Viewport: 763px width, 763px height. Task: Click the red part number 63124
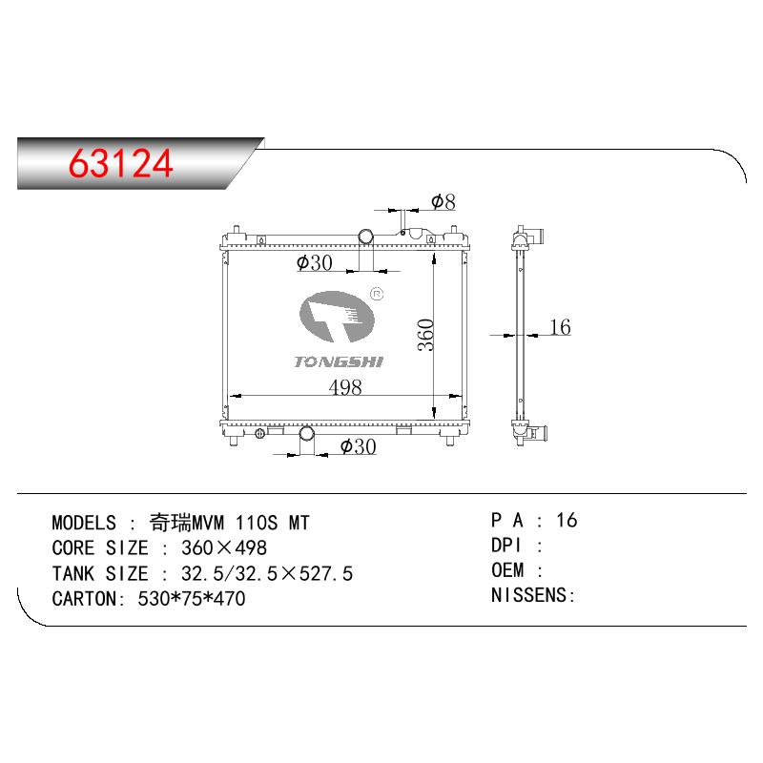pyautogui.click(x=121, y=163)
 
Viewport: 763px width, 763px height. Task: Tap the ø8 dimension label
pyautogui.click(x=443, y=201)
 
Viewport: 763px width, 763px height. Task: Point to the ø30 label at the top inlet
pyautogui.click(x=315, y=263)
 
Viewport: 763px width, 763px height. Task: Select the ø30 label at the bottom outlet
pyautogui.click(x=359, y=446)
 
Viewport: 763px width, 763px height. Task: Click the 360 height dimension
pyautogui.click(x=425, y=335)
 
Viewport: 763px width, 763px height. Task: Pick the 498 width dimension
pyautogui.click(x=345, y=387)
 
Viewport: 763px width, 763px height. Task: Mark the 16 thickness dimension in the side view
pyautogui.click(x=560, y=327)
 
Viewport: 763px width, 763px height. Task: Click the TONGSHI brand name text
pyautogui.click(x=339, y=361)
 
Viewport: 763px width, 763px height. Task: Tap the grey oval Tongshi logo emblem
pyautogui.click(x=337, y=317)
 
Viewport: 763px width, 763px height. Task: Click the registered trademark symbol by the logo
pyautogui.click(x=377, y=294)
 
